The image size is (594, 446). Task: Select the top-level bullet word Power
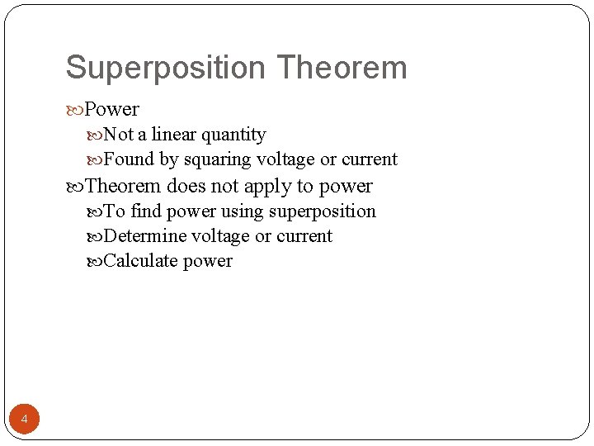click(x=112, y=109)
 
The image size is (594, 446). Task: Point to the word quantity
click(x=234, y=135)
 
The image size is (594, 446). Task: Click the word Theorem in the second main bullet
click(x=123, y=186)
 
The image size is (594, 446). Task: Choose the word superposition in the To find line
click(x=322, y=212)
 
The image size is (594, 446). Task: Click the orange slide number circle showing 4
click(x=24, y=420)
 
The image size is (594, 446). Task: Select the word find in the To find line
click(x=146, y=211)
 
